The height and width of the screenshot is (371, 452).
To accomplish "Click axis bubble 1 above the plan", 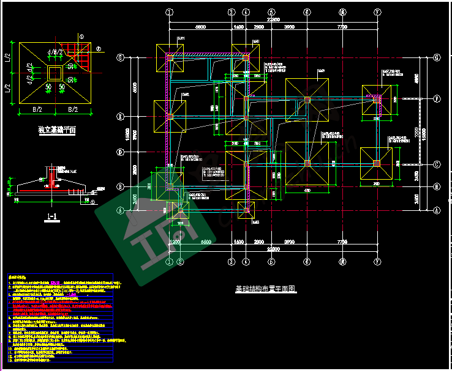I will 170,12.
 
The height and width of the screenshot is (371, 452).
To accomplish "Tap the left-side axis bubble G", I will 121,57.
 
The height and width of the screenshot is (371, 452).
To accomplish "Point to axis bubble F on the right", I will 437,98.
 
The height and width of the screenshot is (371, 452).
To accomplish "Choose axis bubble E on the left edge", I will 121,116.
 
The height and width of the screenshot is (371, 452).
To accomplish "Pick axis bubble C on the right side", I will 437,164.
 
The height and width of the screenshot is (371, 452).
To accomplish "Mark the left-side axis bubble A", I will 121,210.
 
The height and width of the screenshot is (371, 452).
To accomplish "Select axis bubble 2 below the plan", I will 180,262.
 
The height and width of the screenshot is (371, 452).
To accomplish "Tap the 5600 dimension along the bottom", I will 206,242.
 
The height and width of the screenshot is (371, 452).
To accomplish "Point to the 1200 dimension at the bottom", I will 175,242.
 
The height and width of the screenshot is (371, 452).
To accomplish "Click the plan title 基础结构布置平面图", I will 265,289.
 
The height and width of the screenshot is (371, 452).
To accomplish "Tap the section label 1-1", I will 52,216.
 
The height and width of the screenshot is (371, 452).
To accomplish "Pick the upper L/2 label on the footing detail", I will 8,59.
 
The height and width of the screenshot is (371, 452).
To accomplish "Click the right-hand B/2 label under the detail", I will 73,110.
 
